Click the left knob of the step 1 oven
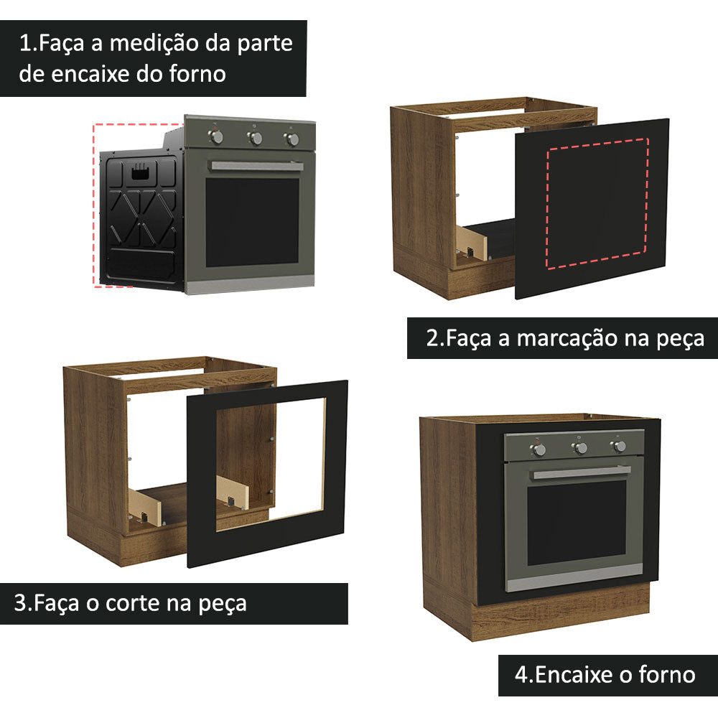pos(218,136)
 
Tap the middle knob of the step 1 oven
pos(255,138)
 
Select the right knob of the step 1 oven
pos(292,139)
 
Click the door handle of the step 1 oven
pos(256,166)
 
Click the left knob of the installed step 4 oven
pos(538,449)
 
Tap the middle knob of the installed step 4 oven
pos(579,448)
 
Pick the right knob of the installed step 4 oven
pos(618,447)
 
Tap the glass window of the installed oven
pos(577,522)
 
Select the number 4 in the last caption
pos(521,675)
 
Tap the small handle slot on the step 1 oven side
pos(141,171)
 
